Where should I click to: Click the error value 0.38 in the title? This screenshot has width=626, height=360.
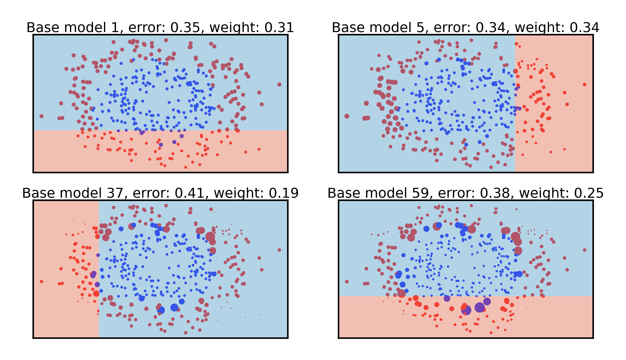tap(496, 193)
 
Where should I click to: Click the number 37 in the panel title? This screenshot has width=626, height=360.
tap(115, 193)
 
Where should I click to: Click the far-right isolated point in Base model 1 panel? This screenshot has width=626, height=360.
tap(279, 85)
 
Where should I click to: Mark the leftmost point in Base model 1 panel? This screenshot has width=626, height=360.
tap(42, 116)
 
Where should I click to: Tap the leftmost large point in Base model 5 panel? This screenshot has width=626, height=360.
tap(347, 116)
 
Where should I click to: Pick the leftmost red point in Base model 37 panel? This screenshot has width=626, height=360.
tap(42, 282)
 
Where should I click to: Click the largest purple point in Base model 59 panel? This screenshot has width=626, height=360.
tap(479, 307)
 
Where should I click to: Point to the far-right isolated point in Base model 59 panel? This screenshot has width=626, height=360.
tap(585, 250)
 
